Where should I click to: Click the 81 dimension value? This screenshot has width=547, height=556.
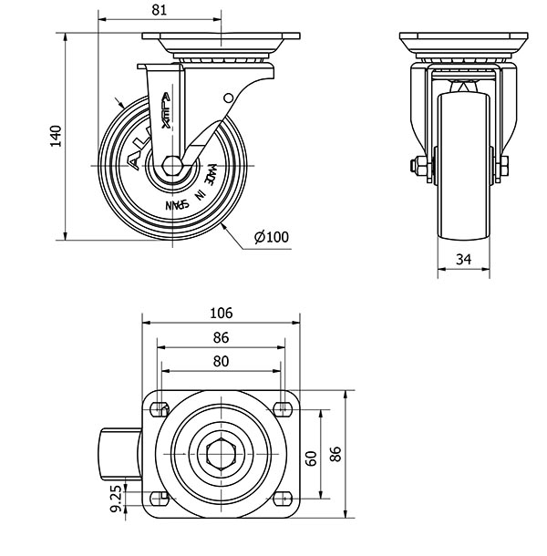point(160,10)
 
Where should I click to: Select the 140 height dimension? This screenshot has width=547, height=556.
point(56,136)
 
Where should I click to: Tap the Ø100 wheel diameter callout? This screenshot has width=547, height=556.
point(272,237)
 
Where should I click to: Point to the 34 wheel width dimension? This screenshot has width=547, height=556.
point(463,260)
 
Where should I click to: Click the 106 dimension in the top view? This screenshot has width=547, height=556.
point(221,313)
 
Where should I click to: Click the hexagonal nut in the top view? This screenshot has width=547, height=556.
point(222,453)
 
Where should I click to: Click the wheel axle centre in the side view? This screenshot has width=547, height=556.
point(171,165)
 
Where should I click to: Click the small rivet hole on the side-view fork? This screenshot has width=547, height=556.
point(227,98)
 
